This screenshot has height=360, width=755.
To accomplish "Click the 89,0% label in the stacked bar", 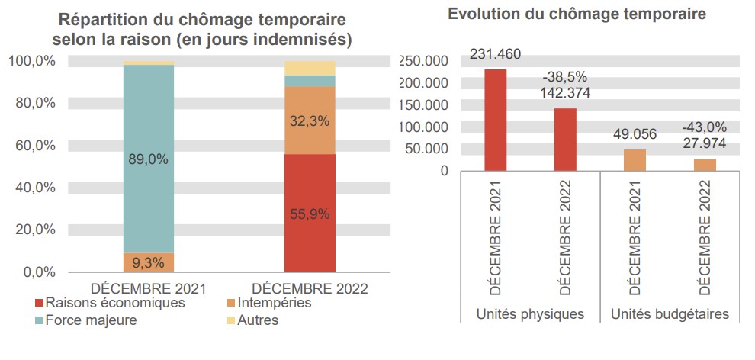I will (149, 159).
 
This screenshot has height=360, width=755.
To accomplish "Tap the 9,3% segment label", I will (149, 263).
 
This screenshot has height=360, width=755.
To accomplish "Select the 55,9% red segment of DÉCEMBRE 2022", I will (310, 214).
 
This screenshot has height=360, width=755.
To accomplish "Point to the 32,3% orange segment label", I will (310, 121).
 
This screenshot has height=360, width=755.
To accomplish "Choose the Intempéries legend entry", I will (274, 303).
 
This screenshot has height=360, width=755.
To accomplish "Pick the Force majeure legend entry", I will (91, 320).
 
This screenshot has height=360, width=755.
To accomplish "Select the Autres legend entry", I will (258, 320).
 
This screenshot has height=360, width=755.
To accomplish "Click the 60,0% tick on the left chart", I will (35, 145).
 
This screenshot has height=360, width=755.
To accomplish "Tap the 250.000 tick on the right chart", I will (423, 61).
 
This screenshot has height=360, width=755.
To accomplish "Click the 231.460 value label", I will (495, 54).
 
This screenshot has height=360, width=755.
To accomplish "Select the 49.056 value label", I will (635, 134).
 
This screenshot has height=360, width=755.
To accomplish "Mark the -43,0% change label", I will (705, 127).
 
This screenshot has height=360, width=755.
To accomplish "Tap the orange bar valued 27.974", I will (705, 165).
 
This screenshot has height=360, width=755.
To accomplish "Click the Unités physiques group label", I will (530, 313).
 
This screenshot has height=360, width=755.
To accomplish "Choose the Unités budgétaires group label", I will (670, 313).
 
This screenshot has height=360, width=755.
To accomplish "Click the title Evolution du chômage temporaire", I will (577, 14).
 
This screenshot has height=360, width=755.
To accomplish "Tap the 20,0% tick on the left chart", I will (35, 230).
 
